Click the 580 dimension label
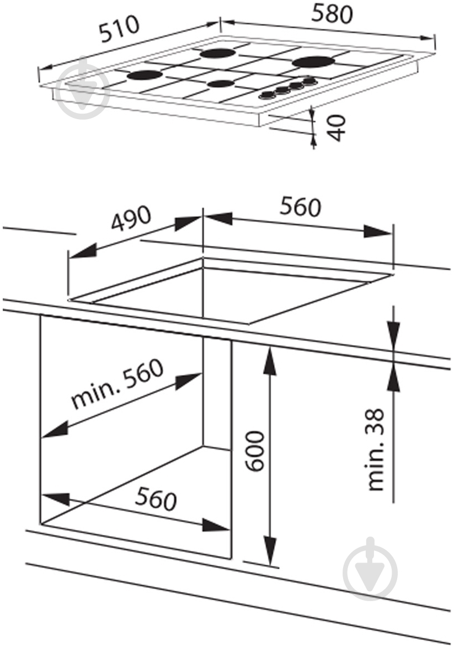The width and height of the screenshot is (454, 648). pos(332,14)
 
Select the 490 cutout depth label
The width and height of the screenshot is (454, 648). pos(131,219)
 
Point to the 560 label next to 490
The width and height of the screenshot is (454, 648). pos(300,207)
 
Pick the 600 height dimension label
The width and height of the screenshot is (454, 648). pos(255,451)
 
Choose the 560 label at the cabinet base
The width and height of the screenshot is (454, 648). pos(156,499)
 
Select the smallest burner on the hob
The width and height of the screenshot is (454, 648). pos(221,84)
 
